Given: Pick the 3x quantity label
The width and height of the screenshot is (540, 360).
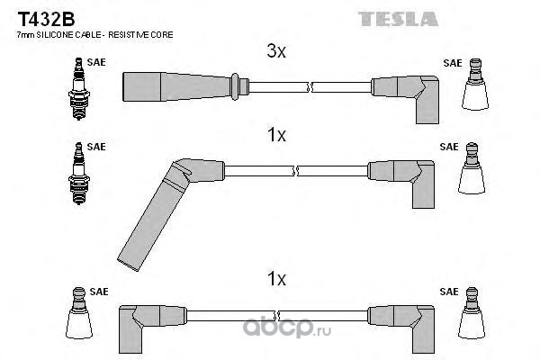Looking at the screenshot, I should pyautogui.click(x=276, y=52).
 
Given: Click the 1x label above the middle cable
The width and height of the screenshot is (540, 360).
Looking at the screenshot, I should pyautogui.click(x=276, y=135).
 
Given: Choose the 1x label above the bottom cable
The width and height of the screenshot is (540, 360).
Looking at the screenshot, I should pyautogui.click(x=276, y=280).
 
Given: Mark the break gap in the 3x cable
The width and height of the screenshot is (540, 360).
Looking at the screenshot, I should pyautogui.click(x=310, y=87).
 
